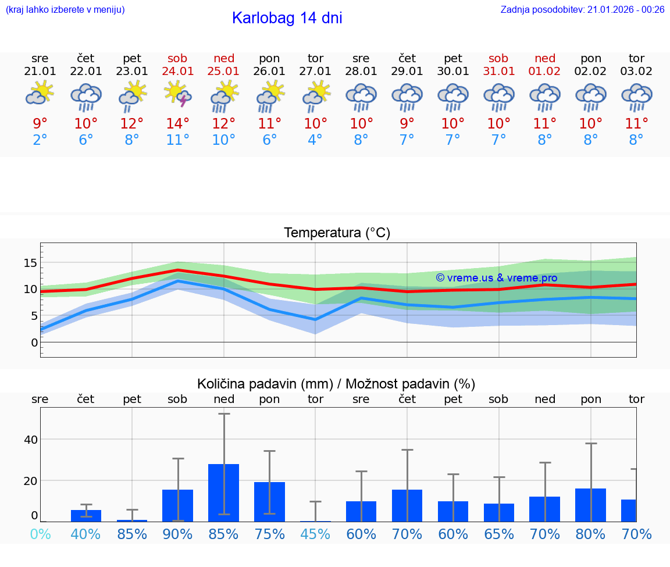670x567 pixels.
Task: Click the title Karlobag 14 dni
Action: (287, 18)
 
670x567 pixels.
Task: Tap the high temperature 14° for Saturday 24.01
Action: (178, 123)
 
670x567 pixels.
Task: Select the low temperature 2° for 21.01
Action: (40, 140)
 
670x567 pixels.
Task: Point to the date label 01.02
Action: (545, 71)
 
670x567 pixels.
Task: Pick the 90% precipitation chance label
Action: (178, 534)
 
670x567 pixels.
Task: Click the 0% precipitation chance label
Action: (40, 534)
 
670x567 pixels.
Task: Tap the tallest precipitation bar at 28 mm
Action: (224, 492)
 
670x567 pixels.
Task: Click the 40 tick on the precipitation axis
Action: (30, 440)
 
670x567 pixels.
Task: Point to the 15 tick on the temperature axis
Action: (30, 263)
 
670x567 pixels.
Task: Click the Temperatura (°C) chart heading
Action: (337, 233)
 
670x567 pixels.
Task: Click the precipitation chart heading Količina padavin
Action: (336, 384)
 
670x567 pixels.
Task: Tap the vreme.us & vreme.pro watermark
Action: (497, 278)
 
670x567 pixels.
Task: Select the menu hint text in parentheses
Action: (65, 9)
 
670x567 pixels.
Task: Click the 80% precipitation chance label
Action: (591, 534)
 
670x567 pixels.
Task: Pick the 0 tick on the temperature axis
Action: (34, 343)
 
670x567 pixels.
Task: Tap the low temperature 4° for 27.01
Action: (315, 140)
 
